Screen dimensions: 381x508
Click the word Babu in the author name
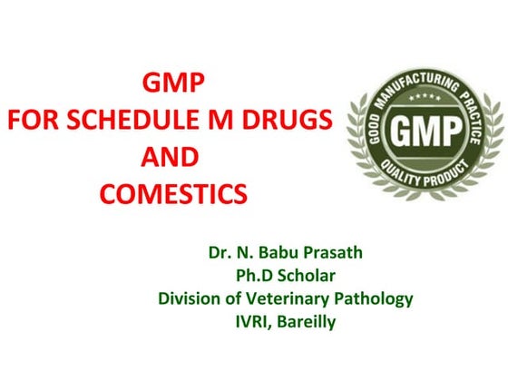click(x=278, y=250)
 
